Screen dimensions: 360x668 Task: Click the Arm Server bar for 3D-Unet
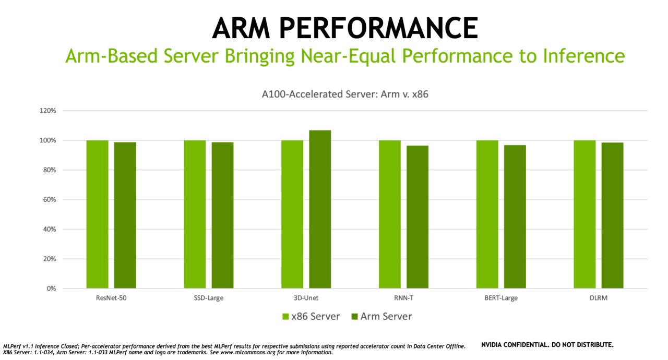320,209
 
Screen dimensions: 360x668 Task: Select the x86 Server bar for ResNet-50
98,214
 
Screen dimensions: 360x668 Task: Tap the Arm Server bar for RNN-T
417,217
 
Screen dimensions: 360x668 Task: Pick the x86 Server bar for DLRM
584,214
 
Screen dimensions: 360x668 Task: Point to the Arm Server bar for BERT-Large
515,217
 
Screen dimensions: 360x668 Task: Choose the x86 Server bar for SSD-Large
195,214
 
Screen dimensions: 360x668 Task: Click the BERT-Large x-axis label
500,298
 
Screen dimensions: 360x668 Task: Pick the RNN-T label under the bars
403,298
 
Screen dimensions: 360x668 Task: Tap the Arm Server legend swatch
354,317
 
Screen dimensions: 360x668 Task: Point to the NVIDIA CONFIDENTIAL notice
547,345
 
